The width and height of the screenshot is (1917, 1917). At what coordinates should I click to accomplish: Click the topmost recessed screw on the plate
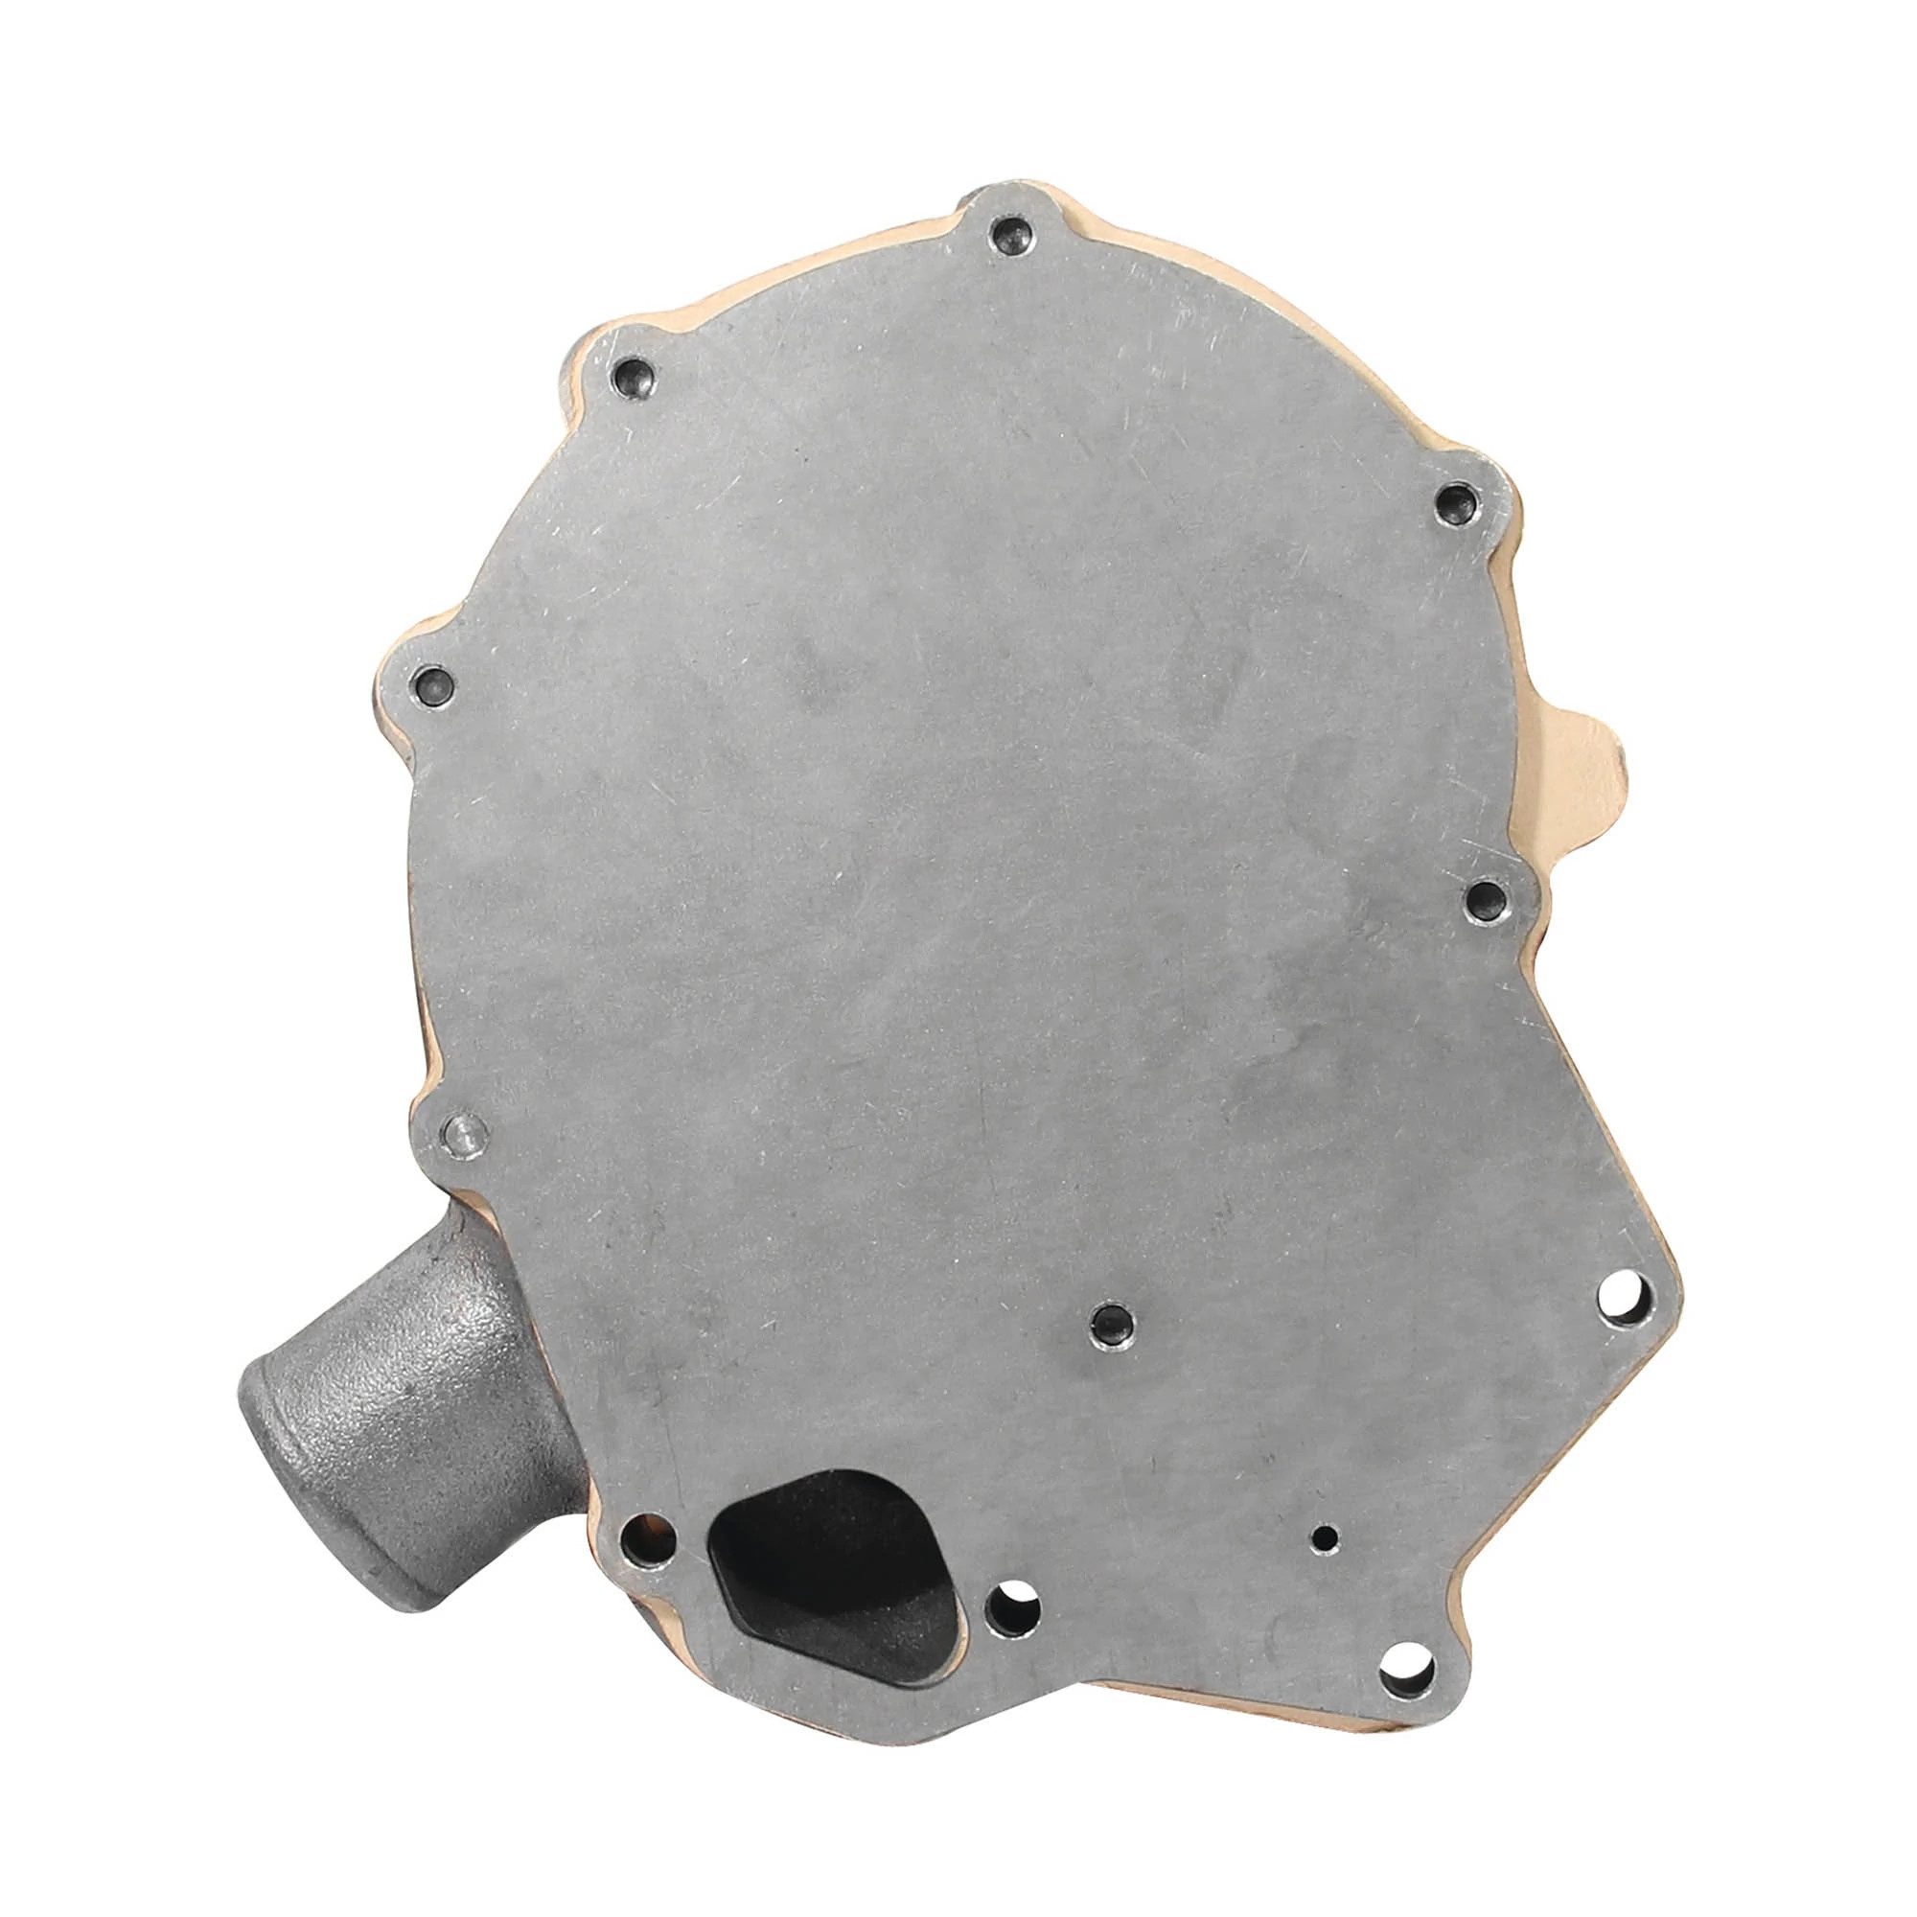tap(1009, 235)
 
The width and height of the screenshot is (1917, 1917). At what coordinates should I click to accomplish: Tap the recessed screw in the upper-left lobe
tap(633, 376)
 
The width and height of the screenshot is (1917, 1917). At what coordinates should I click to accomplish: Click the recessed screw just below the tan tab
tap(1488, 900)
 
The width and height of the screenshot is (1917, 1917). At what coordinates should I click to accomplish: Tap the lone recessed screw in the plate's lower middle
tap(1107, 1321)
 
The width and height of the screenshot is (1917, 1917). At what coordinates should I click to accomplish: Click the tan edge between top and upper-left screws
tap(794, 283)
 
